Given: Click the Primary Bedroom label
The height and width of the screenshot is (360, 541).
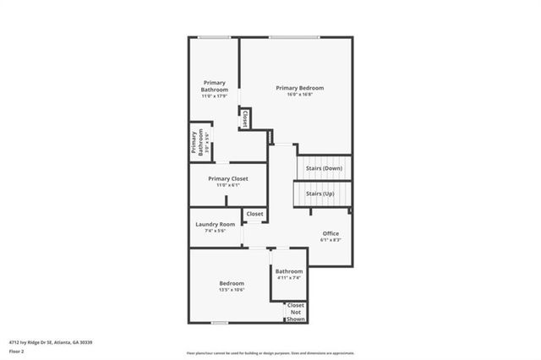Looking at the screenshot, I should pos(299,88).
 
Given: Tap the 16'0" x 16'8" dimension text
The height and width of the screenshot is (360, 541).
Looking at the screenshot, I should pos(299,95).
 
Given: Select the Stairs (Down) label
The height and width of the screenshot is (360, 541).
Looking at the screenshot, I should pos(324,168).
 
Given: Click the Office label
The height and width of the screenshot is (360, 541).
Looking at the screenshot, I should pos(330,233).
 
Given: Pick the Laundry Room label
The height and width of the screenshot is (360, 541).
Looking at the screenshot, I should pos(216,224).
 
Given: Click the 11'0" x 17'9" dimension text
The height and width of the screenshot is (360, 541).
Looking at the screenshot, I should pos(214,95).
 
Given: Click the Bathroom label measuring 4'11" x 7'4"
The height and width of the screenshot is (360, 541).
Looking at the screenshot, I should pos(288,271).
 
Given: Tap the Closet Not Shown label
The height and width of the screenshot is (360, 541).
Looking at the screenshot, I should pos(296,312).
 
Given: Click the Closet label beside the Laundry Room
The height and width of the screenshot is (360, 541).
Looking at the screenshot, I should pos(254,214).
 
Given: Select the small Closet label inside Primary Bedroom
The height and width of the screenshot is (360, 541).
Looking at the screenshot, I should pos(245,118).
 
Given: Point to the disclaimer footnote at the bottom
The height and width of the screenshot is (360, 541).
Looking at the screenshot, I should pos(270,353).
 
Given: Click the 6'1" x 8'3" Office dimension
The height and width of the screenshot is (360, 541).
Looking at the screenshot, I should pos(330,240).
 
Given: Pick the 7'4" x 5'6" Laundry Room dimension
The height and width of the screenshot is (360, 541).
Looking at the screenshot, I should pos(216,231).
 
